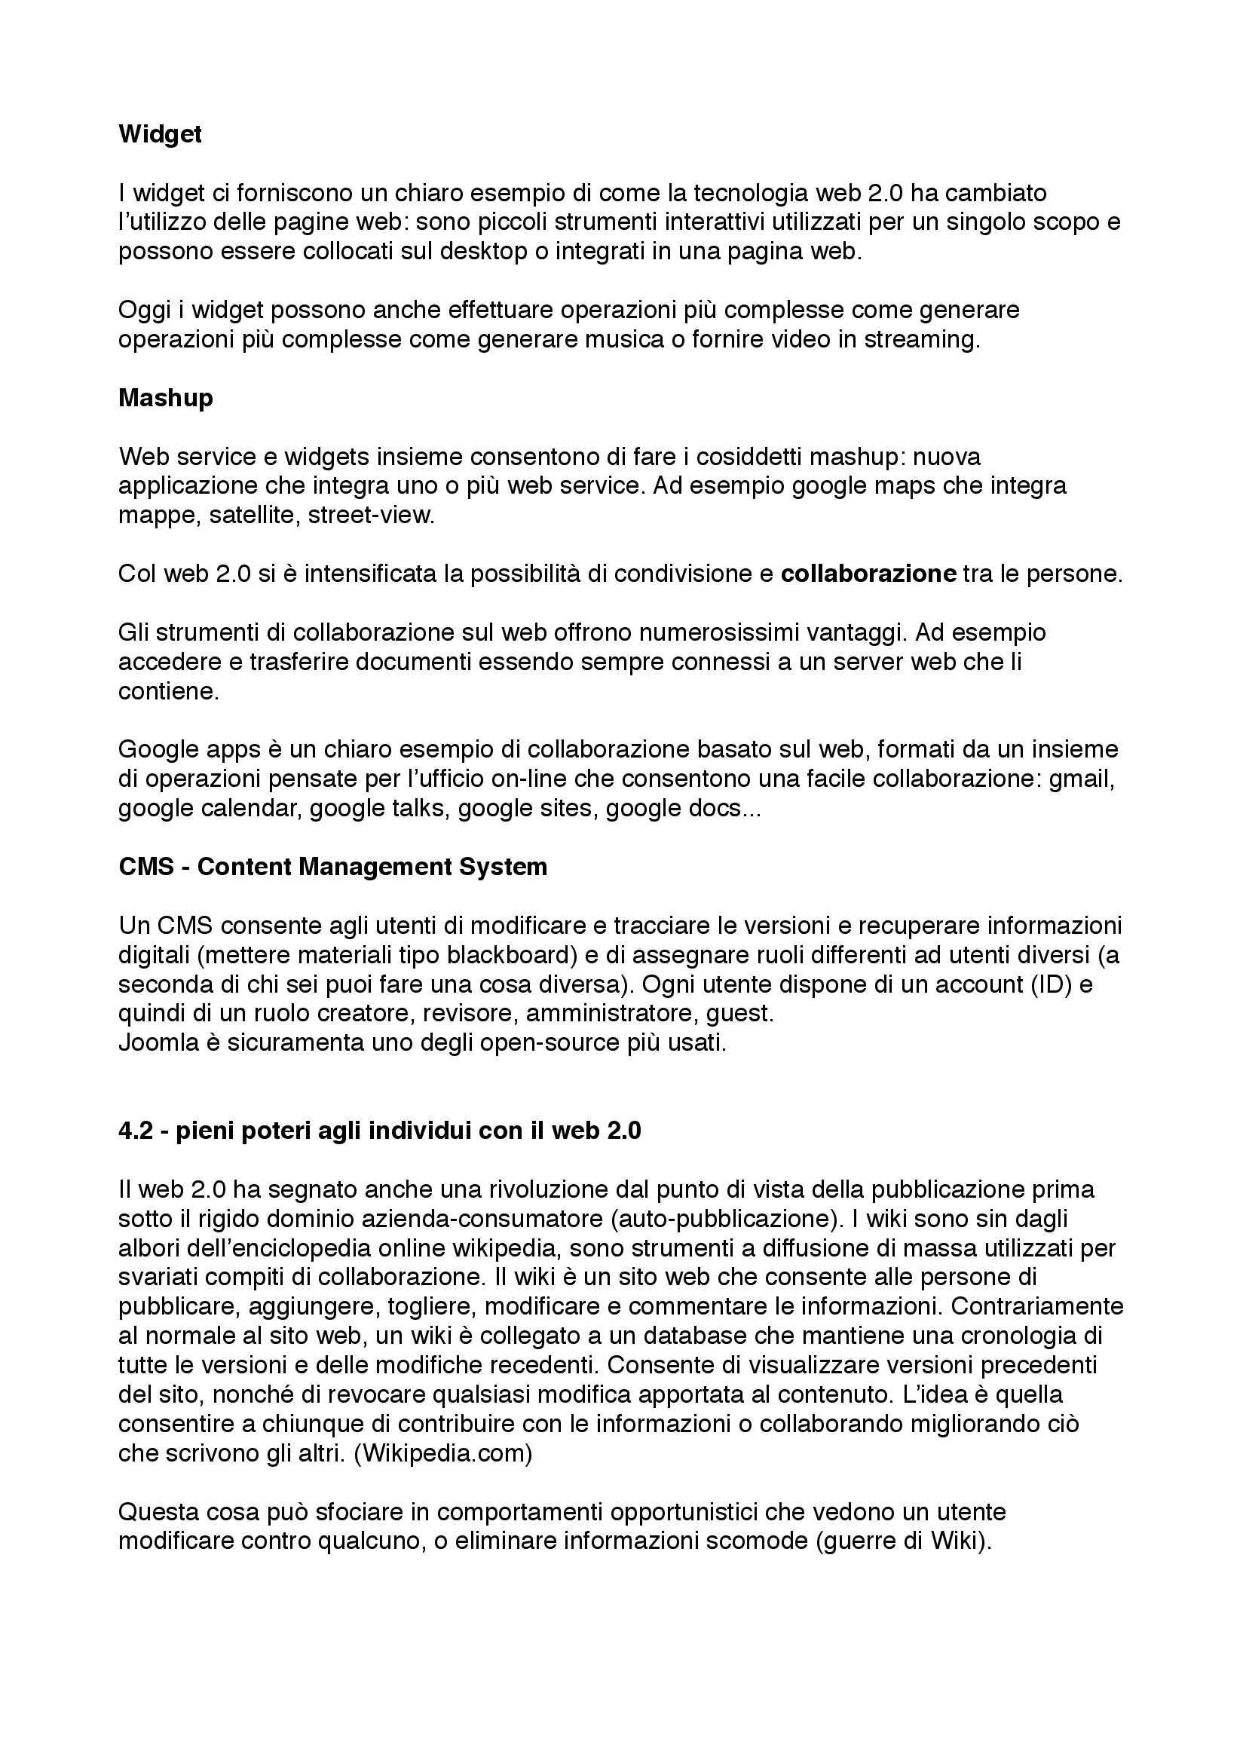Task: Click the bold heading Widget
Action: click(160, 134)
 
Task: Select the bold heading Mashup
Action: click(165, 398)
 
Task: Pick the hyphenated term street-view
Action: click(371, 516)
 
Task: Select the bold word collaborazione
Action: click(868, 574)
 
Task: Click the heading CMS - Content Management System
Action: click(333, 867)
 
